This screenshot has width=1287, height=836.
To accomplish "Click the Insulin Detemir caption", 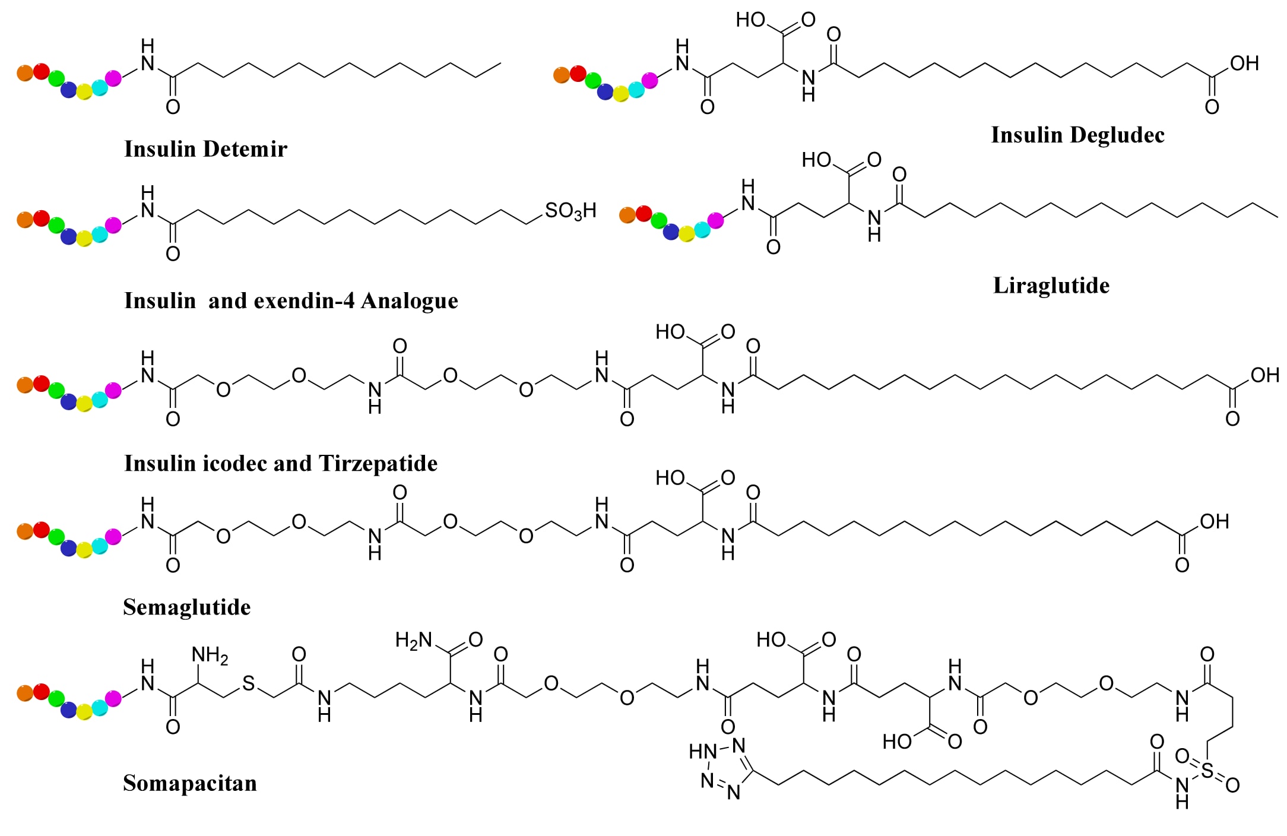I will [205, 148].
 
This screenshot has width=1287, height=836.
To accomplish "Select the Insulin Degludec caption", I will [1077, 135].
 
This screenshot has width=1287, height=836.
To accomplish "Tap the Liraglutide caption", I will [1051, 286].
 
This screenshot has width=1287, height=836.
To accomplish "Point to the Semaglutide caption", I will [186, 607].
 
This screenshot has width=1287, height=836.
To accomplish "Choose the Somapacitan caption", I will [190, 783].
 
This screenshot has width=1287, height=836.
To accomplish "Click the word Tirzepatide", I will [378, 463].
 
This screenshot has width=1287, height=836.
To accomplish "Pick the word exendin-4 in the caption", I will [304, 301].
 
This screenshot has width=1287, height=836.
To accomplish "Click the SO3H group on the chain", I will [570, 211].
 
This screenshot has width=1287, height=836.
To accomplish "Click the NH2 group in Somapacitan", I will [210, 655].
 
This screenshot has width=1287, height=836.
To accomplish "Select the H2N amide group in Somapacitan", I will [414, 640].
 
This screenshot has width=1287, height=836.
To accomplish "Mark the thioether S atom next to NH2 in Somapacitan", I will [248, 683].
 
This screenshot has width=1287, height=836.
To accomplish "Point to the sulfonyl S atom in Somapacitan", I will [1207, 770].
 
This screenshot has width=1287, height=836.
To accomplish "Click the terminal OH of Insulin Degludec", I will [1244, 63].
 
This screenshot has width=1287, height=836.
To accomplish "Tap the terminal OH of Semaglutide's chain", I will [1214, 521].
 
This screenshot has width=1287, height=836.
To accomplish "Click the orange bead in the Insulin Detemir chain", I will [25, 73].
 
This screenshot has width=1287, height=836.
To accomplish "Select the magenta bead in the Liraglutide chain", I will [716, 220].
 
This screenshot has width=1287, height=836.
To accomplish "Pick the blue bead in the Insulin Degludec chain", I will [605, 92].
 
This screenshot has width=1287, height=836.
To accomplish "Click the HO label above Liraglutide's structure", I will [816, 160].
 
